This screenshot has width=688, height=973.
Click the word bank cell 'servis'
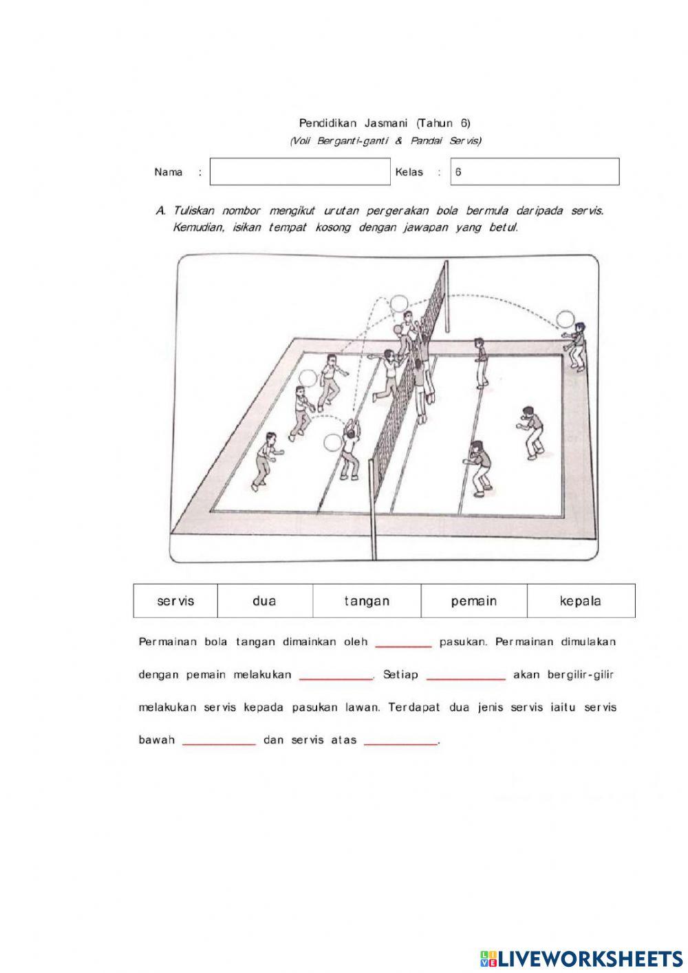(175, 601)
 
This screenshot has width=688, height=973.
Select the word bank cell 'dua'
(264, 601)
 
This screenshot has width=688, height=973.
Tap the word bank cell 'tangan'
(367, 601)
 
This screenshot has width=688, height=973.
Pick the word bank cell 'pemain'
(473, 601)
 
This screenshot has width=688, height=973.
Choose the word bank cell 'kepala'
(580, 601)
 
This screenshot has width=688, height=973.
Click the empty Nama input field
(299, 172)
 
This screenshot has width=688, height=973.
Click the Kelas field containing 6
(534, 172)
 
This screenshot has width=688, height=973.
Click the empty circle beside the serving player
(565, 319)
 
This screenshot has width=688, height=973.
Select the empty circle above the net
(399, 303)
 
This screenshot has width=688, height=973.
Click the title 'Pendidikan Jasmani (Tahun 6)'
(384, 123)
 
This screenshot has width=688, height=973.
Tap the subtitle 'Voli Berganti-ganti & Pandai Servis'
(384, 141)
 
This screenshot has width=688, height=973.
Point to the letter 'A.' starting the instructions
(160, 211)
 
